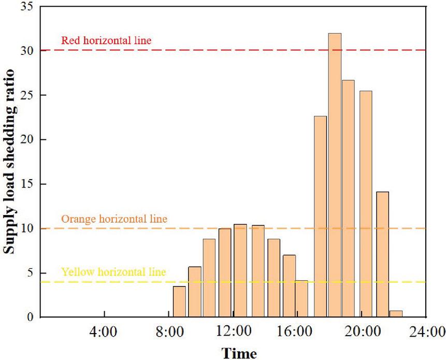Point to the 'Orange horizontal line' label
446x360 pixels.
[x=114, y=219]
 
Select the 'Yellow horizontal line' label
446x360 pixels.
[x=113, y=271]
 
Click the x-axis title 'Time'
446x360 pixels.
[x=239, y=353]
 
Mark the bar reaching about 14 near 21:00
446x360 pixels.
[x=382, y=254]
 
